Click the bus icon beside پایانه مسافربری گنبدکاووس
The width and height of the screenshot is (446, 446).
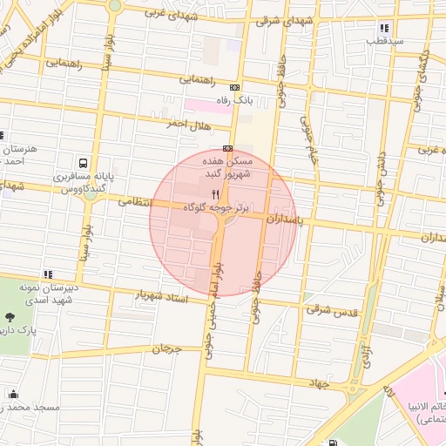coord(83,163)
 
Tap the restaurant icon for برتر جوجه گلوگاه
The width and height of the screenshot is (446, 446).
coord(215,194)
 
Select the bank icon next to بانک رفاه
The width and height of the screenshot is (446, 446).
coord(234,87)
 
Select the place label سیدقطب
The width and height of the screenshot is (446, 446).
coord(384,41)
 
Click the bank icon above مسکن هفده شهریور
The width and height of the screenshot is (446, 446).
coord(227,147)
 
